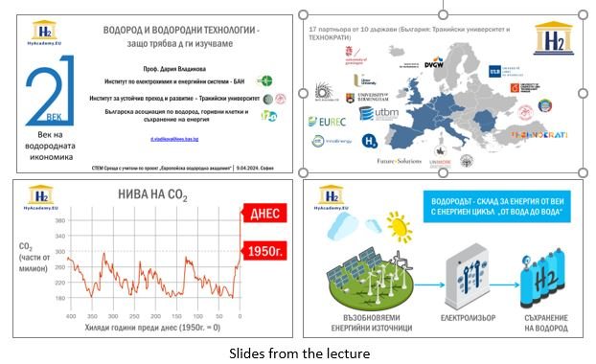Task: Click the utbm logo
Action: point(378,114)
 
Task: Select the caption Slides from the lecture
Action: point(297,353)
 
